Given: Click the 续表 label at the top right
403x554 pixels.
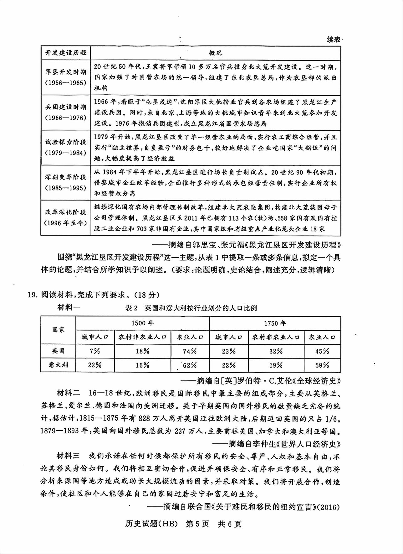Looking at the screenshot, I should [334, 39].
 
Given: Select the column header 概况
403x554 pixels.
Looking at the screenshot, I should [215, 53].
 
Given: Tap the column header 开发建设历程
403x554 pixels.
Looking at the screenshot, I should [66, 53].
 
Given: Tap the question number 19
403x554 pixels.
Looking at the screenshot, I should [32, 295].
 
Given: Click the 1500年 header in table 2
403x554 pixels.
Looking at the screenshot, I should [142, 323].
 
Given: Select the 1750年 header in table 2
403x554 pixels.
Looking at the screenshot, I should [275, 323].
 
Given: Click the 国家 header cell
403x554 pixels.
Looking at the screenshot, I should [58, 330].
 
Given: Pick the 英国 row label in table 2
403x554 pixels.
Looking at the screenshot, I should [58, 351].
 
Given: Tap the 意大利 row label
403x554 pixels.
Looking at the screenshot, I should [58, 365].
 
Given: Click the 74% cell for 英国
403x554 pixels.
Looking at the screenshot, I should [190, 351].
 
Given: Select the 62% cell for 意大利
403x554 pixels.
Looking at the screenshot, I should [190, 365].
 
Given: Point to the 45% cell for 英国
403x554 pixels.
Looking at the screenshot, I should [322, 351].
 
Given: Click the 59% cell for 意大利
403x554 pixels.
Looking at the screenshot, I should [322, 365].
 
